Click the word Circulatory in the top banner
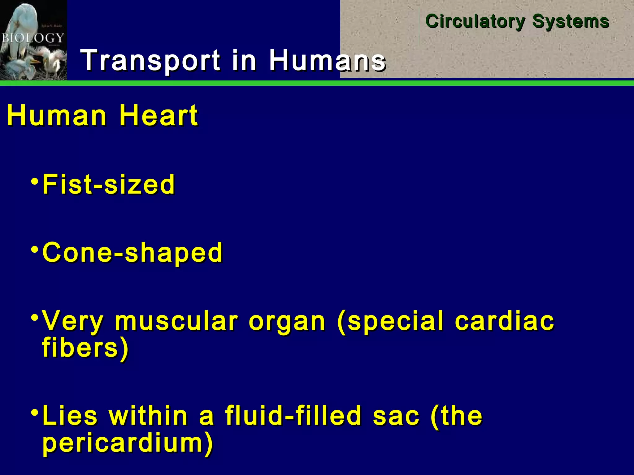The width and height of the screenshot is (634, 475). (475, 22)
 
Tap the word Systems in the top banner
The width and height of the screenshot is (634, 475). (571, 22)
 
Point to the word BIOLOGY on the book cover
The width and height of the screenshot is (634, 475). (33, 38)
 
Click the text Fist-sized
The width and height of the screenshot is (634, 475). (109, 184)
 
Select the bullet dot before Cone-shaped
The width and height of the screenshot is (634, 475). (35, 249)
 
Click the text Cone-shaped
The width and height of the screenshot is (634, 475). (132, 253)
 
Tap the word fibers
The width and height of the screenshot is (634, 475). (80, 347)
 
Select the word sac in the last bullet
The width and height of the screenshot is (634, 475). (396, 416)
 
